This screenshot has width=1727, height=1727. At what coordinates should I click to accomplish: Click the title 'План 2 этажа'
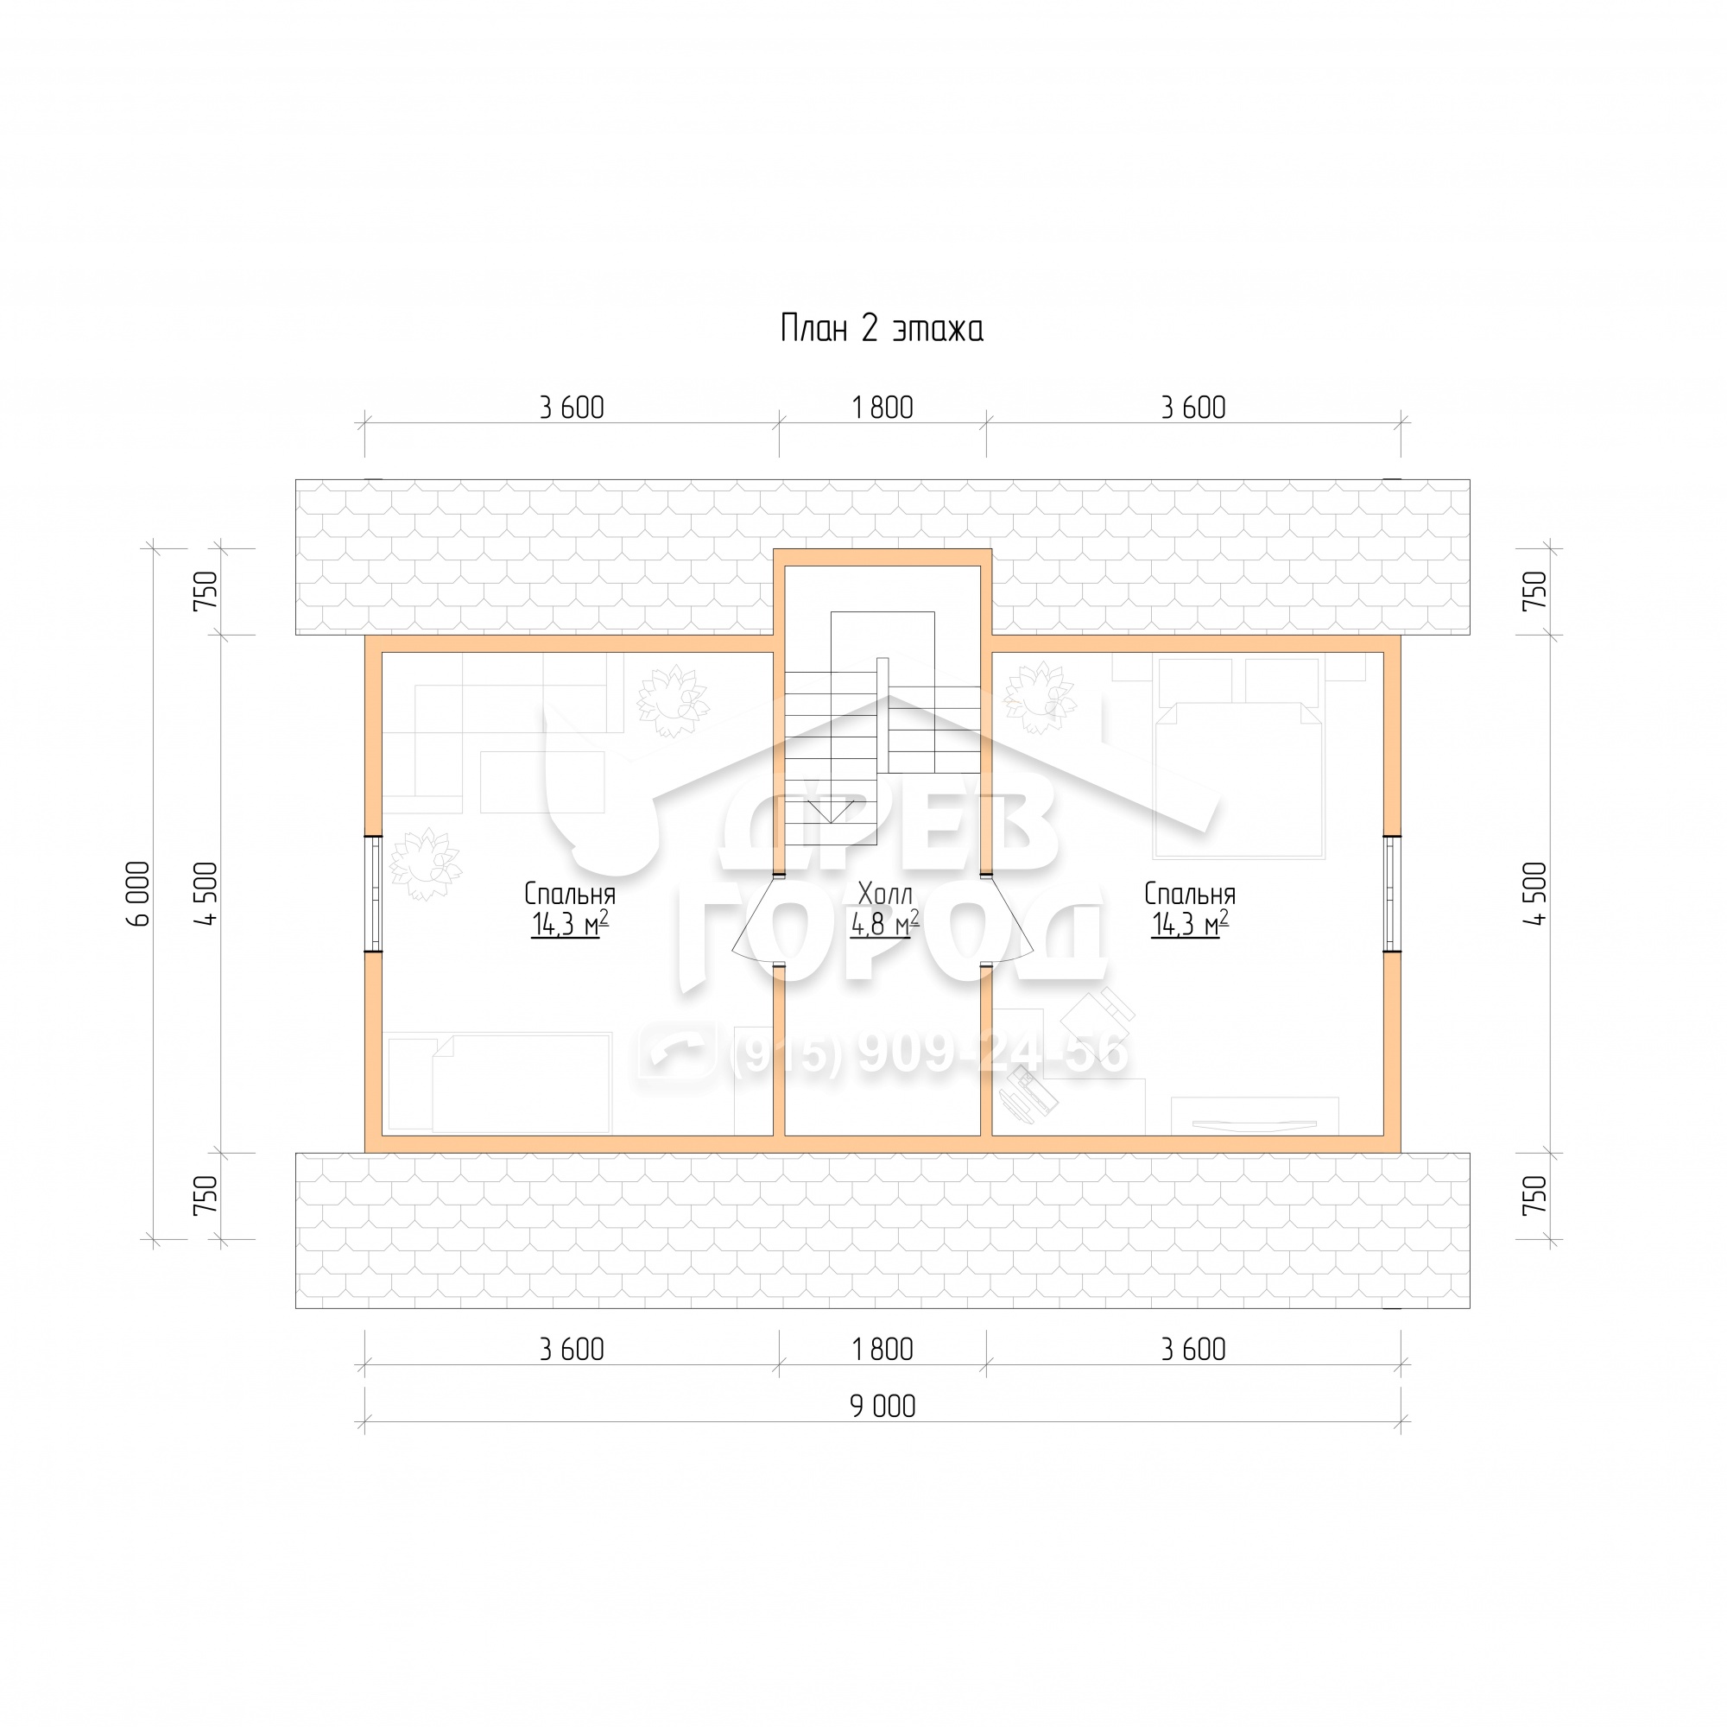[x=882, y=329]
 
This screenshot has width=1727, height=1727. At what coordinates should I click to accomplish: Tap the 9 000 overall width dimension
[x=882, y=1406]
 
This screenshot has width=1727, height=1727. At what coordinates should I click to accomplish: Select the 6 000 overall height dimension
[x=139, y=893]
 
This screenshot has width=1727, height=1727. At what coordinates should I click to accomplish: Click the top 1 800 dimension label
[x=882, y=408]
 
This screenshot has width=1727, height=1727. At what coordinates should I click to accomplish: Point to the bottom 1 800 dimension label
[x=882, y=1349]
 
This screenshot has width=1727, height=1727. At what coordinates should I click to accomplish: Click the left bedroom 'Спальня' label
[x=569, y=894]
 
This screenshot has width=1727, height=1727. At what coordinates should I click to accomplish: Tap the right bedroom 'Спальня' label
[x=1190, y=894]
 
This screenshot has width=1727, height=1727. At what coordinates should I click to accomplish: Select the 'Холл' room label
[x=885, y=893]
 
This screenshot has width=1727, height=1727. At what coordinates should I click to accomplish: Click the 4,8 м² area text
[x=884, y=923]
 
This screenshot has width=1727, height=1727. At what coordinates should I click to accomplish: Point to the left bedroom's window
[x=374, y=893]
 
